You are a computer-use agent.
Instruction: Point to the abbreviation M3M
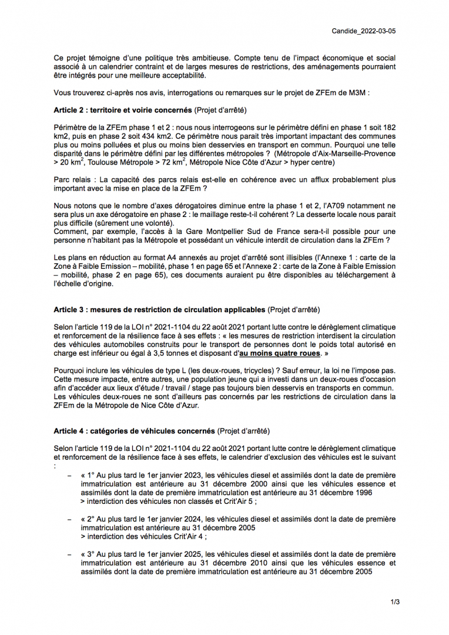[358, 92]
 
